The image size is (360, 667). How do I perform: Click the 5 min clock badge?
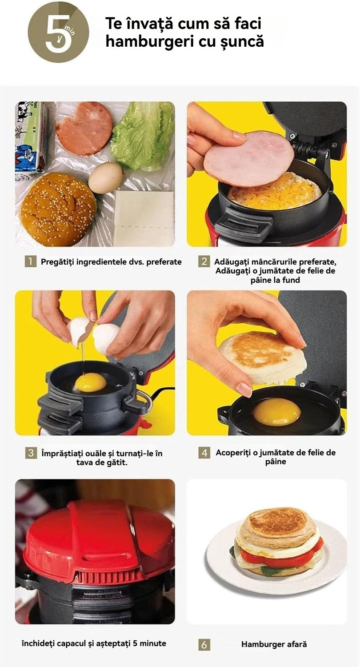point(58,32)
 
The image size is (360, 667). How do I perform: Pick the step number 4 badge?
point(204,453)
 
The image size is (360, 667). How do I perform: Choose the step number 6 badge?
point(204,645)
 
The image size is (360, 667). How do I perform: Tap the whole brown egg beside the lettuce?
point(106,177)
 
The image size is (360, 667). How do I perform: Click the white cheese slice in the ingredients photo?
point(144,218)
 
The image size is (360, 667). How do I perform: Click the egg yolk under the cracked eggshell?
point(90,383)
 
